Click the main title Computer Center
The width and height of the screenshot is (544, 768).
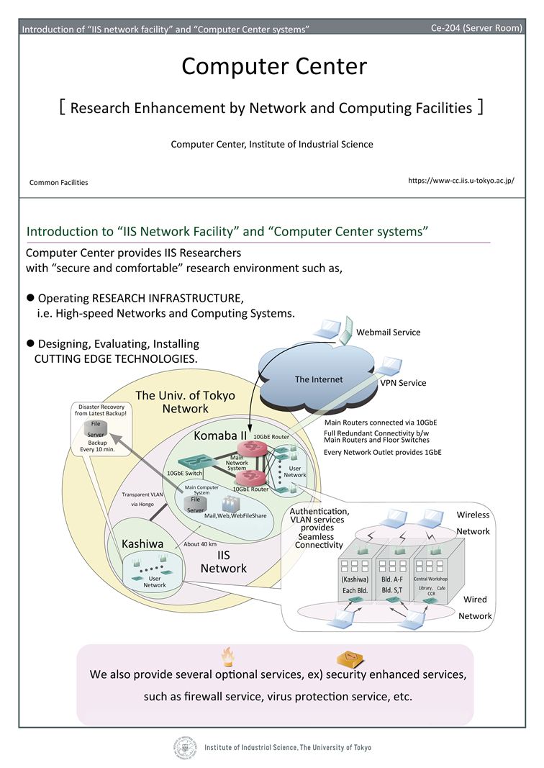[x=274, y=67]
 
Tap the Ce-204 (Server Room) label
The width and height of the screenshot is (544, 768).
[x=476, y=28]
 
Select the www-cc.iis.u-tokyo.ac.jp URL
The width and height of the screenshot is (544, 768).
[x=461, y=180]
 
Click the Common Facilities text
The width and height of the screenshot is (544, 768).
[x=59, y=183]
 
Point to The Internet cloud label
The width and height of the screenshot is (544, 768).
[x=319, y=379]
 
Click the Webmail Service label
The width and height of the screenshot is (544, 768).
[x=389, y=332]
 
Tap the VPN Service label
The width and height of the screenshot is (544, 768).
[x=403, y=383]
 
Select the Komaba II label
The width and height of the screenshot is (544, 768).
[x=220, y=435]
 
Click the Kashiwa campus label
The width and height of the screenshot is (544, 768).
[x=142, y=543]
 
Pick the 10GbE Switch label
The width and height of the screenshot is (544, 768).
[x=185, y=473]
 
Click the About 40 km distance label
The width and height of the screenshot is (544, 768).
[x=200, y=544]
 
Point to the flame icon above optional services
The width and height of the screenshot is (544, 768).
[x=227, y=657]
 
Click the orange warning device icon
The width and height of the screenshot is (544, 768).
[x=350, y=659]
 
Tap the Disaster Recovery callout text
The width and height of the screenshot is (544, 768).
[x=101, y=410]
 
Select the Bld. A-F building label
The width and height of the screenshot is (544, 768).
[x=391, y=579]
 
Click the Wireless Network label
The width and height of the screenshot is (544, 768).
[x=473, y=523]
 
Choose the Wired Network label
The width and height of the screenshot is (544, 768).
[x=475, y=607]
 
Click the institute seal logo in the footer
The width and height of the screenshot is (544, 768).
[x=185, y=747]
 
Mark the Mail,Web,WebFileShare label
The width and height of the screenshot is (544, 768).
[x=235, y=516]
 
